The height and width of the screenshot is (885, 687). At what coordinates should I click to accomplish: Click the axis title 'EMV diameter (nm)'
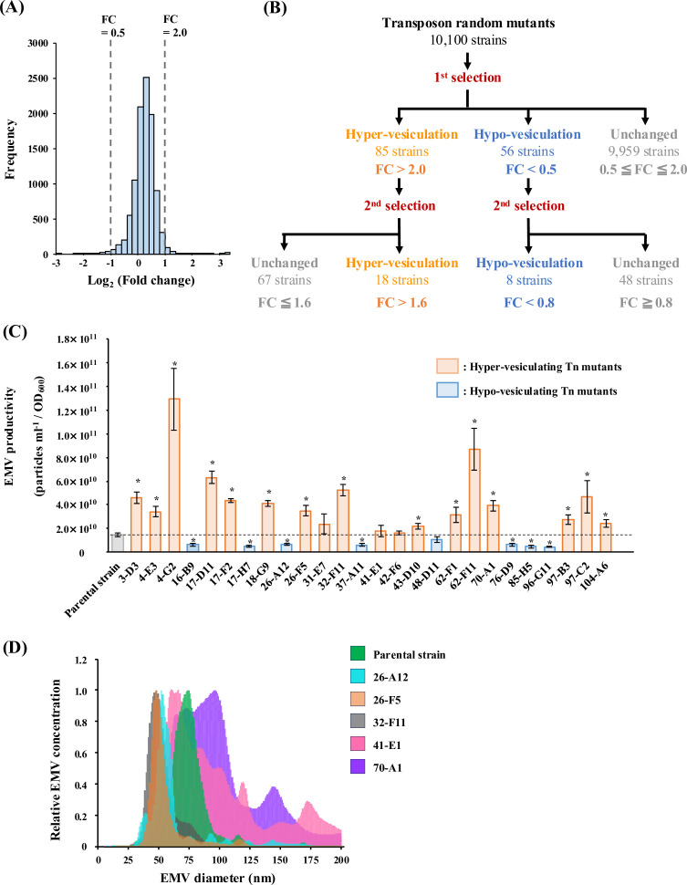click(219, 874)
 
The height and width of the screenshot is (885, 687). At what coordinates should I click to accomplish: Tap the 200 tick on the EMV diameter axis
click(341, 857)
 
